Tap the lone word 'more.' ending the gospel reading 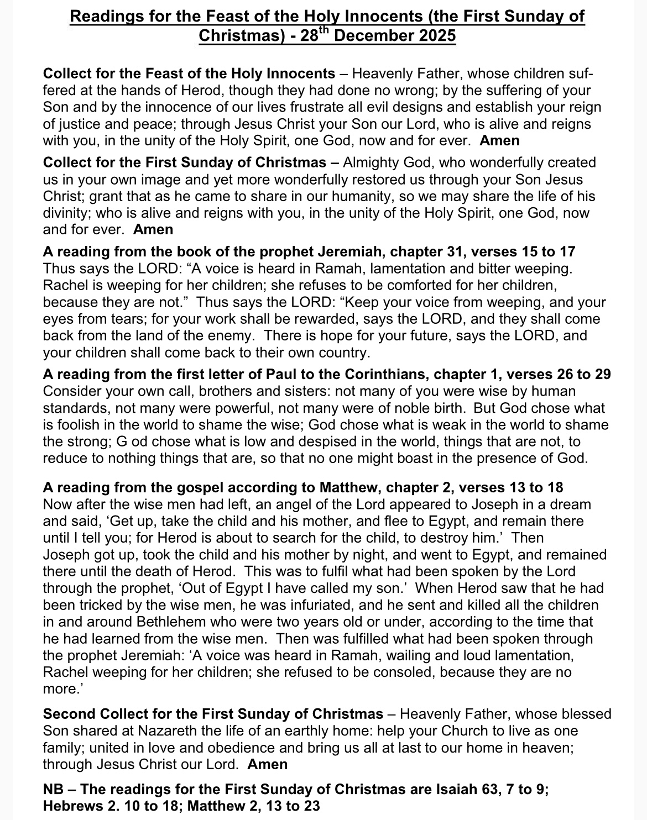(59, 690)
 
